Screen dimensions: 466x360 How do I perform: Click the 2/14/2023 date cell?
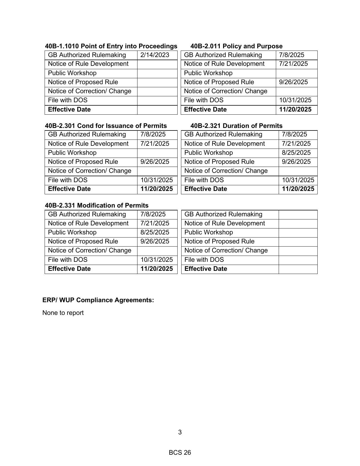click(155, 55)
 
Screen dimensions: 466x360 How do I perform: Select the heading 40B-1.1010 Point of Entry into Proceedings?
click(111, 46)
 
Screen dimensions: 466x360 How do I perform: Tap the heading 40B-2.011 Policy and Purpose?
click(236, 46)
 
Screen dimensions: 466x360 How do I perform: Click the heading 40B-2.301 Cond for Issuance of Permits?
click(106, 126)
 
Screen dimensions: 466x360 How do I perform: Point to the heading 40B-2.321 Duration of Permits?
click(236, 126)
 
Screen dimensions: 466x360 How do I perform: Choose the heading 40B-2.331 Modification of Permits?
click(97, 206)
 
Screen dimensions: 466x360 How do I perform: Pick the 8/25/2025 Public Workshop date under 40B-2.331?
click(155, 232)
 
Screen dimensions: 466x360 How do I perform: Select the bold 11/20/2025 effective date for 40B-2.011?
click(295, 110)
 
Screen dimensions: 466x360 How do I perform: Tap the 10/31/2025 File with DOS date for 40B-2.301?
click(156, 180)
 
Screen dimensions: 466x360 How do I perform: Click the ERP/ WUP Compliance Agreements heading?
click(98, 300)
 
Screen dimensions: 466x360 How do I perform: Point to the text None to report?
click(63, 313)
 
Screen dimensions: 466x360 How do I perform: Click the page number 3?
click(180, 432)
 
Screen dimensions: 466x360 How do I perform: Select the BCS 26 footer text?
click(180, 453)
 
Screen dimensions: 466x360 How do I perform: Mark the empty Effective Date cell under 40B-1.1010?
click(157, 110)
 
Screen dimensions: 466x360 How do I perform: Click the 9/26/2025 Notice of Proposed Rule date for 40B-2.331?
click(155, 241)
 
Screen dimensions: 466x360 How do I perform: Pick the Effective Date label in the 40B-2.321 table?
click(206, 189)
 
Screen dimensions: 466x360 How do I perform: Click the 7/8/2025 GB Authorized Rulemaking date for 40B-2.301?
click(153, 134)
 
